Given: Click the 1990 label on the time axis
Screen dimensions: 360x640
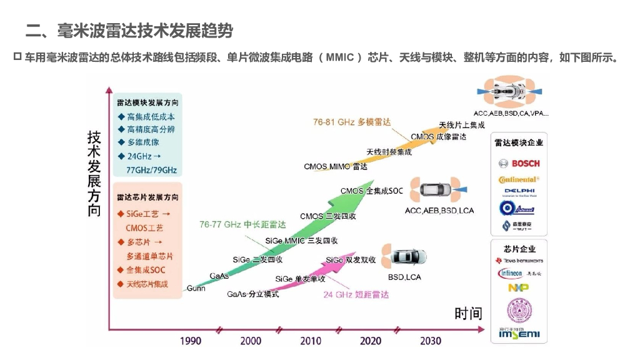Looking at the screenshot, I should coord(191,341).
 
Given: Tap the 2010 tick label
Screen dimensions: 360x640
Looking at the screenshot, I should coord(311,341).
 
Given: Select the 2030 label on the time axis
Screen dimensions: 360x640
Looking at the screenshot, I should coord(430,341).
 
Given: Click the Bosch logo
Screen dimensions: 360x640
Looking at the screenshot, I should coord(519,164).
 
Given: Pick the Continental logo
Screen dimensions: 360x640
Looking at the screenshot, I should coord(519,179).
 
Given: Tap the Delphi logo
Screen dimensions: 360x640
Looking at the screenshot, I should coord(519,192).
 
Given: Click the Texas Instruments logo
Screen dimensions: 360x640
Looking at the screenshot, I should coord(519,260).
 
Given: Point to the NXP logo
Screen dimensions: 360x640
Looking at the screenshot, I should coord(518,287).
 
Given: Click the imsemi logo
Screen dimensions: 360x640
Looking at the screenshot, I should coord(519,334).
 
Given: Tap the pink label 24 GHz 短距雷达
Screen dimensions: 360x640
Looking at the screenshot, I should coord(356,294).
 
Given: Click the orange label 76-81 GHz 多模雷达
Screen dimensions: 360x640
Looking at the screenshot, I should coord(352,122).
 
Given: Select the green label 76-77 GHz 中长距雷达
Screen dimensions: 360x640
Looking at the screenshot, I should coord(242,224).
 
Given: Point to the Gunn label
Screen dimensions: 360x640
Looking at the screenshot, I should coord(196,288).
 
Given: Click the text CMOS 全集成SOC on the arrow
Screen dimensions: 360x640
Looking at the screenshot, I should coord(371,191).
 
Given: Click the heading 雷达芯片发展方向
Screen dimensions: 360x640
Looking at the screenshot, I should coord(147,197).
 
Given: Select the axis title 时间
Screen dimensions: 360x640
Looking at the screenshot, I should coord(467,313).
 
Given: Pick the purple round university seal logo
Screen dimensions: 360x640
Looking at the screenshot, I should coord(519,310).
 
